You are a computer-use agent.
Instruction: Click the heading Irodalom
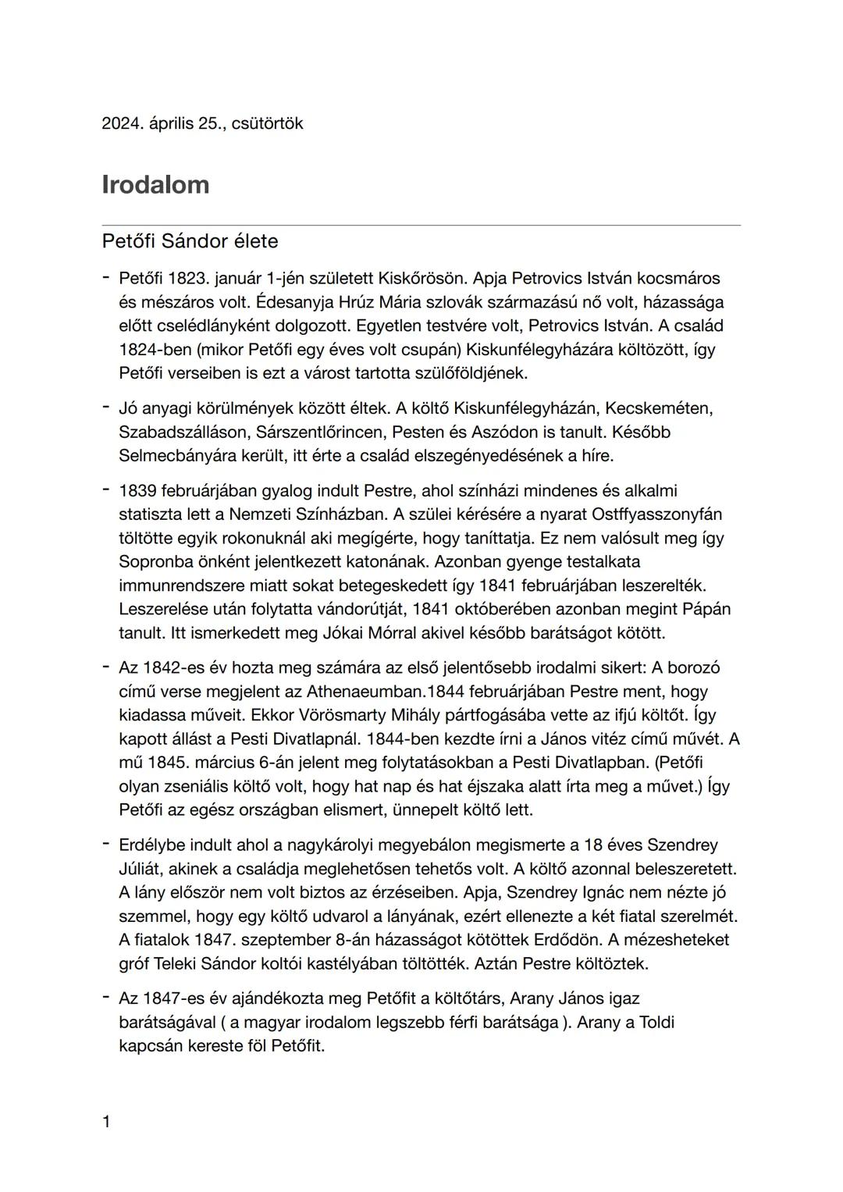pyautogui.click(x=155, y=185)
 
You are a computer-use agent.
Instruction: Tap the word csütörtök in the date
pyautogui.click(x=267, y=123)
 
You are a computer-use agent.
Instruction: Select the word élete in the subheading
pyautogui.click(x=254, y=241)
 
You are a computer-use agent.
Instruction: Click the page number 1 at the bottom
pyautogui.click(x=106, y=1123)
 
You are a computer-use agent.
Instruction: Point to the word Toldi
pyautogui.click(x=656, y=1023)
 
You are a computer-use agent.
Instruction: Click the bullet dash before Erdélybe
pyautogui.click(x=105, y=845)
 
